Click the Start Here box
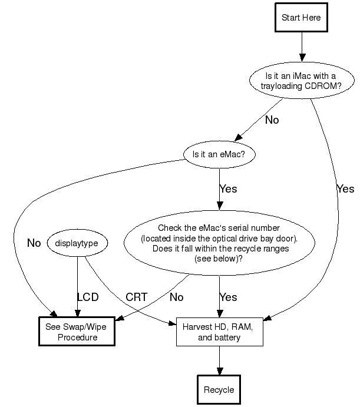tap(301, 18)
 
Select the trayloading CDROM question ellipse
tap(302, 81)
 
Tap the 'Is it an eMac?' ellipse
tap(219, 155)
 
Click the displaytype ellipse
tap(77, 243)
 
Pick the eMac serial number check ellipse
tap(219, 243)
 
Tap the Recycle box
tap(219, 390)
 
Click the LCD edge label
tap(88, 297)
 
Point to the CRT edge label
tap(136, 297)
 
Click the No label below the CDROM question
tap(272, 120)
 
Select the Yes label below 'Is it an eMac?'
tap(229, 189)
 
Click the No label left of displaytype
tap(34, 243)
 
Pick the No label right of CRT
tap(176, 297)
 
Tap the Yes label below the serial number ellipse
tap(229, 297)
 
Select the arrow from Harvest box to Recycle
tap(219, 360)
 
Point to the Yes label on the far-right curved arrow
tap(345, 189)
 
